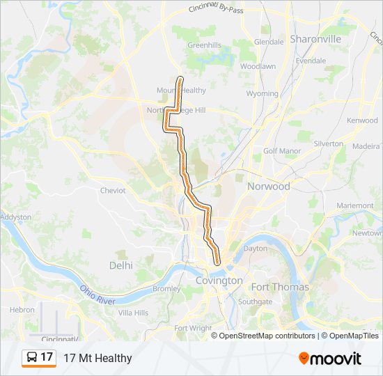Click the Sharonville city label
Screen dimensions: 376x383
pos(315,39)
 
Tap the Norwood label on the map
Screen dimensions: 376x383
pos(268,187)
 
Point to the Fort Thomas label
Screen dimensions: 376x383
pos(280,287)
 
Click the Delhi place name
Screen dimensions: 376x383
pos(120,265)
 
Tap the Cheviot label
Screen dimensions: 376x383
pos(113,190)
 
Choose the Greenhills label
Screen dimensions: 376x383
pos(204,45)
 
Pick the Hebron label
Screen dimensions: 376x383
pos(22,310)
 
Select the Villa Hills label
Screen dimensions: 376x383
pos(133,313)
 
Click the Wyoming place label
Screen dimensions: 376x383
pos(263,93)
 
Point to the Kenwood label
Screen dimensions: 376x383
pos(362,120)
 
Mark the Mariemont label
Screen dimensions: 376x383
pos(354,206)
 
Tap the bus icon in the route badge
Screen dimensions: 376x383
pos(32,358)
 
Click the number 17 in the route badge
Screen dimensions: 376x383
pos(47,357)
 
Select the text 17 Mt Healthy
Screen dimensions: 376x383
pos(97,358)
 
